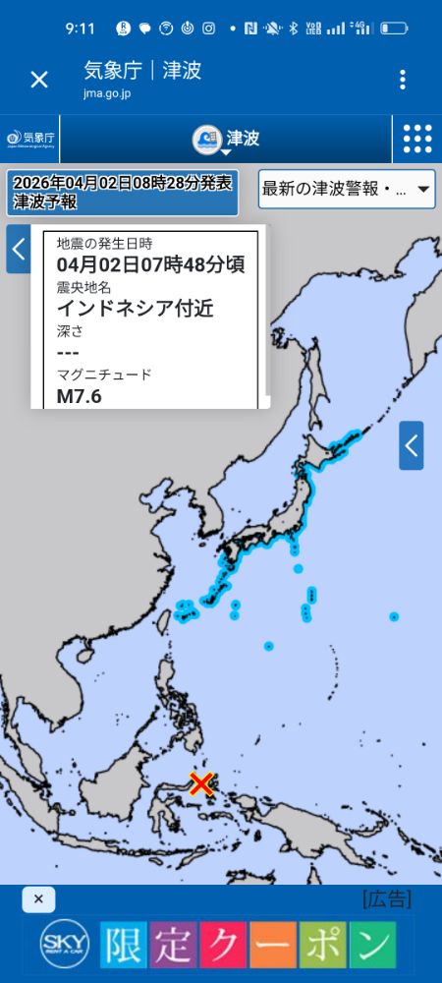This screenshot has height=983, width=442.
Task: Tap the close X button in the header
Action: (x=39, y=80)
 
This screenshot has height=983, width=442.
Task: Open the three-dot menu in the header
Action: (x=402, y=80)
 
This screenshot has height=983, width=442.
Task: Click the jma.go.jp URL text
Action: (x=106, y=93)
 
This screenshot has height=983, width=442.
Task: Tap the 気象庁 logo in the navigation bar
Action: (x=30, y=139)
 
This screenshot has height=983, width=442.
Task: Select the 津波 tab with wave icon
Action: (x=226, y=139)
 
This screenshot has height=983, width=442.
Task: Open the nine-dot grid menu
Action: (x=416, y=139)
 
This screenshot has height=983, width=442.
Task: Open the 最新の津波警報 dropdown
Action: (x=346, y=189)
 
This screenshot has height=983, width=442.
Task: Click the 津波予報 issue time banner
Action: (x=122, y=193)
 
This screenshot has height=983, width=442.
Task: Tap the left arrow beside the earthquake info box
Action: (x=18, y=249)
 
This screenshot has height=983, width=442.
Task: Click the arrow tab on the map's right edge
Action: (x=412, y=445)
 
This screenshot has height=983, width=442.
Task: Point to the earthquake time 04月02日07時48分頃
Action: (x=150, y=264)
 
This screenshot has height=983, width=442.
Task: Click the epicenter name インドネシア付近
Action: (x=135, y=308)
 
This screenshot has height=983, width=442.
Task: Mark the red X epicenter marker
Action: (x=201, y=783)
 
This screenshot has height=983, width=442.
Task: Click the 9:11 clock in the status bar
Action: (x=81, y=29)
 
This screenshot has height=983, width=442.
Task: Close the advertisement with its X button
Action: (x=37, y=899)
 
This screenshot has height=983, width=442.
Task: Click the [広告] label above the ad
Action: (x=386, y=898)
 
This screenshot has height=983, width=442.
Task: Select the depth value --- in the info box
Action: (x=68, y=352)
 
